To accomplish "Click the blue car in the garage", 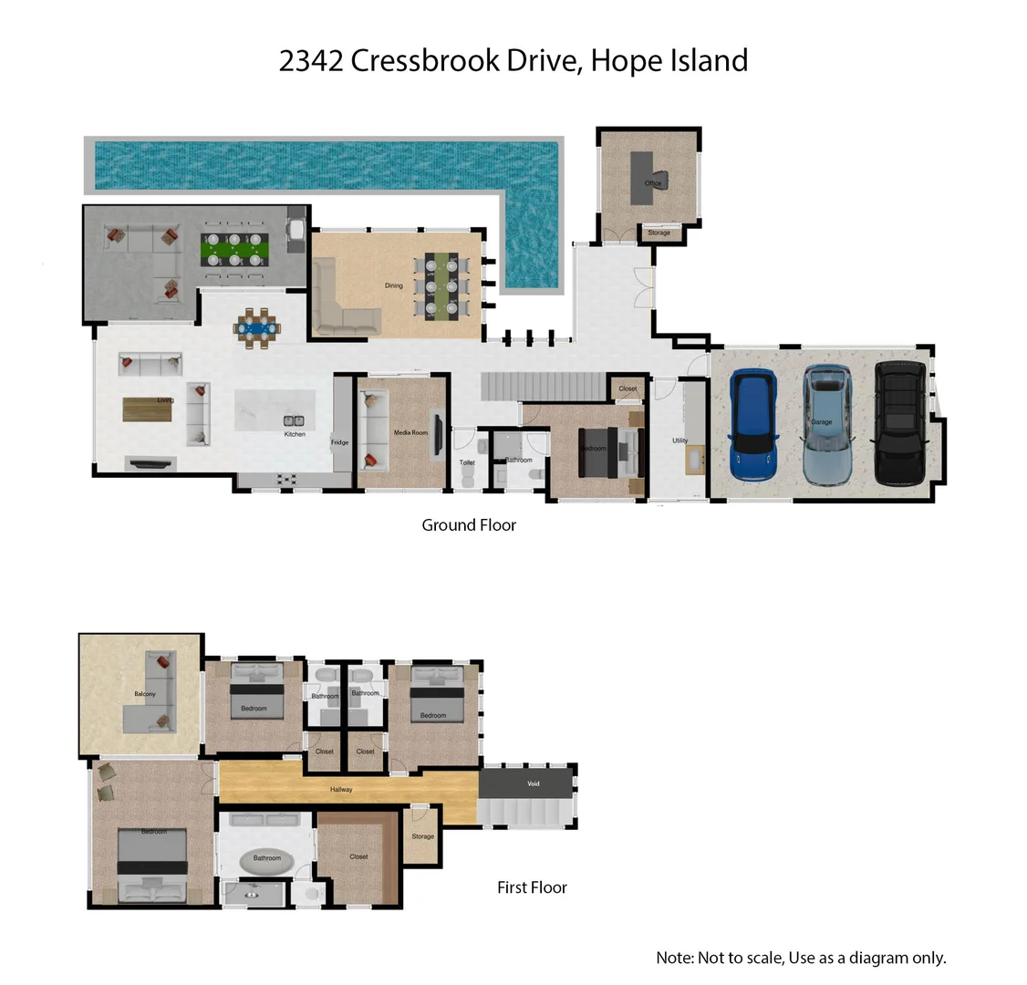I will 753,424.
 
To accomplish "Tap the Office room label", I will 652,183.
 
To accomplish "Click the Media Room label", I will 410,432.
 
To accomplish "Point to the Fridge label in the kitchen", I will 339,442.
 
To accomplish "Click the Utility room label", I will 680,441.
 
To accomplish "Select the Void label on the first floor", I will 534,783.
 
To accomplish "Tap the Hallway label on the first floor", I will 341,789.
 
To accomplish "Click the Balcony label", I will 145,694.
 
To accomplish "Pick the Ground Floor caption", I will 469,525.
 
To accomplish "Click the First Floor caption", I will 532,887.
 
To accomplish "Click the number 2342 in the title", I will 311,61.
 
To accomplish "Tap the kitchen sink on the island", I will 294,421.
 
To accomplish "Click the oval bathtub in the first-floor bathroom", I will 266,859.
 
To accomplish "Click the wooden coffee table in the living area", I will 147,410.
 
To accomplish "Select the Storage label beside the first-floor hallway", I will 422,836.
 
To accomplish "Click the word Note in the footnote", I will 674,958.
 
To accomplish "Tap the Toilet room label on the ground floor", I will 467,462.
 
